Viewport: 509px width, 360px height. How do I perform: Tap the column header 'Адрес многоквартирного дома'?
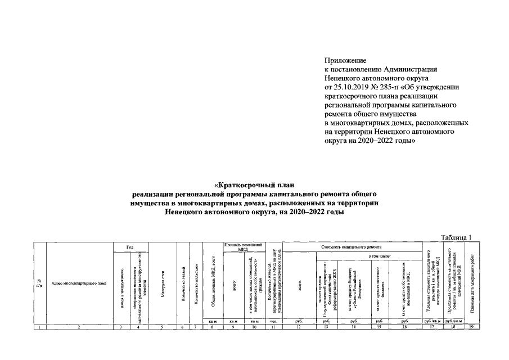(79, 284)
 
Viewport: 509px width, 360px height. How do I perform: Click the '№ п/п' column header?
(39, 283)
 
